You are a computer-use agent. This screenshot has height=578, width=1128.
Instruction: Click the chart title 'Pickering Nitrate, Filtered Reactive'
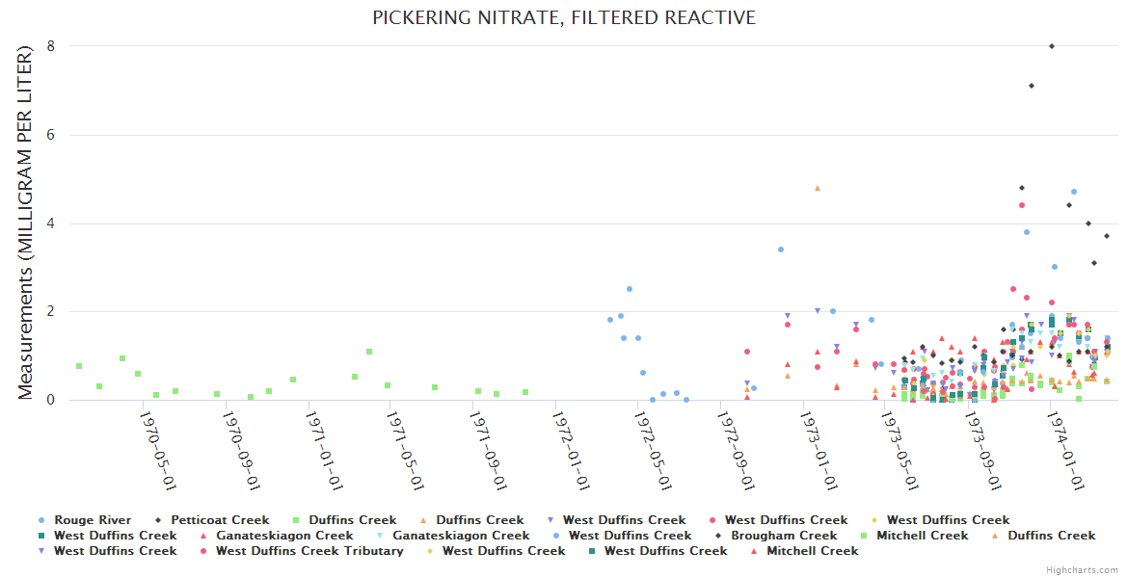pyautogui.click(x=564, y=18)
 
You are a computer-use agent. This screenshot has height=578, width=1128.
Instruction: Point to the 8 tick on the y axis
pyautogui.click(x=51, y=46)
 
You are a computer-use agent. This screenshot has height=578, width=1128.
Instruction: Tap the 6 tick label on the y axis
pyautogui.click(x=51, y=135)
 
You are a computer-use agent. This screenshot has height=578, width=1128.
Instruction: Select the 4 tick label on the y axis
pyautogui.click(x=51, y=223)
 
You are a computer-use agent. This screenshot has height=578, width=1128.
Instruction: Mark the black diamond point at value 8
pyautogui.click(x=1052, y=46)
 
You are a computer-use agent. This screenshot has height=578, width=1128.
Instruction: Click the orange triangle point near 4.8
pyautogui.click(x=818, y=188)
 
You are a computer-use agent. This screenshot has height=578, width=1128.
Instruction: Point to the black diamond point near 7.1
pyautogui.click(x=1032, y=86)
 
